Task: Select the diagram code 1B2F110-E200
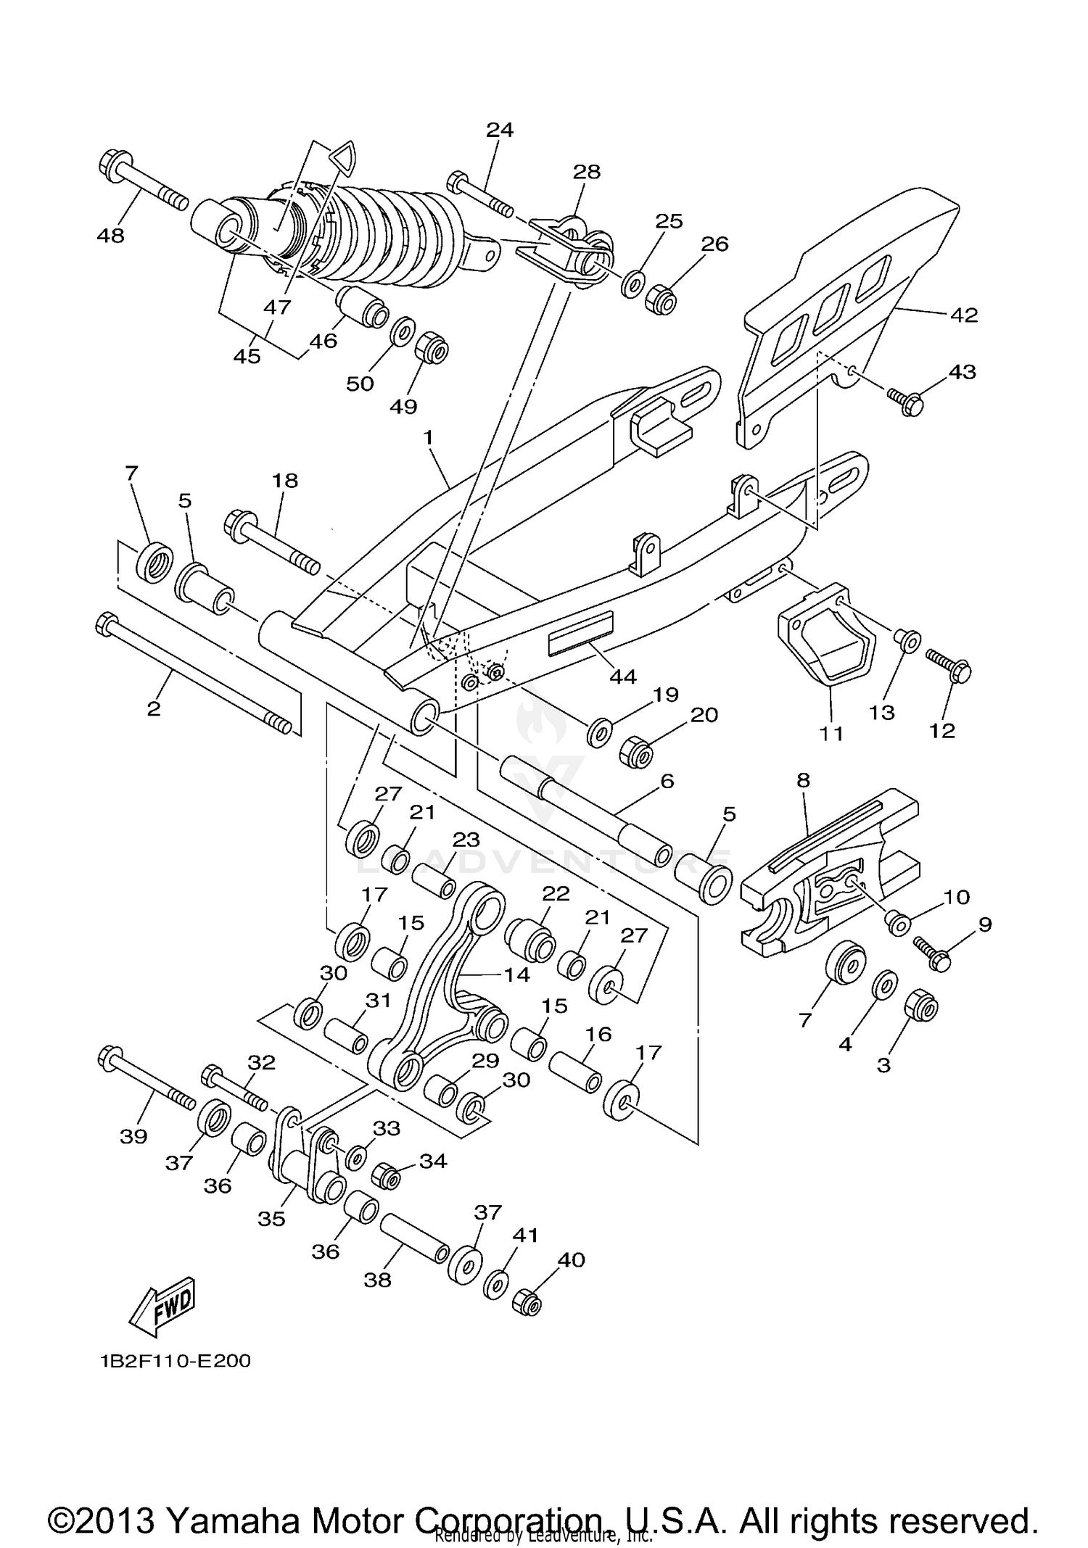tap(176, 1361)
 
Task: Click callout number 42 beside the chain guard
tap(963, 315)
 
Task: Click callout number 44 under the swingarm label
tap(622, 676)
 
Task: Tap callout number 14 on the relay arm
tap(517, 974)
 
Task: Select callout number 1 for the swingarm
tap(428, 437)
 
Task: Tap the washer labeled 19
tap(599, 734)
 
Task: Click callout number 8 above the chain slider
tap(803, 781)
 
